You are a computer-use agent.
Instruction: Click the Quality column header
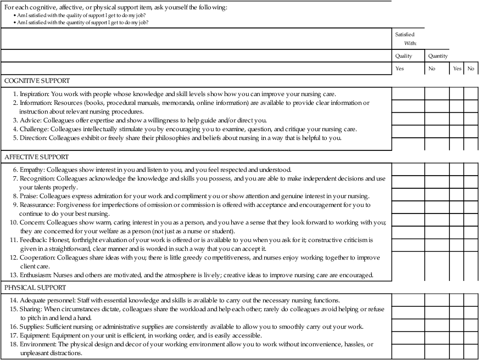tap(404, 56)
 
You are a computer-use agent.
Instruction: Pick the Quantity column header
tap(438, 56)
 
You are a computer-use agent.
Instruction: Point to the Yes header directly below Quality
tap(399, 69)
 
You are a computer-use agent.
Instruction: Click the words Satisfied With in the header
tap(405, 38)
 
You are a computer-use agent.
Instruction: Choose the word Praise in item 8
tap(29, 196)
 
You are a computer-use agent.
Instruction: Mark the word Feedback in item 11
tap(34, 240)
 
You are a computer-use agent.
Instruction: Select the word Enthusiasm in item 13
tap(36, 274)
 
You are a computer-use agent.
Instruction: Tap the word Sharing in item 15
tap(31, 309)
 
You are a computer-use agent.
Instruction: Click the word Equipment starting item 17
tap(34, 335)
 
